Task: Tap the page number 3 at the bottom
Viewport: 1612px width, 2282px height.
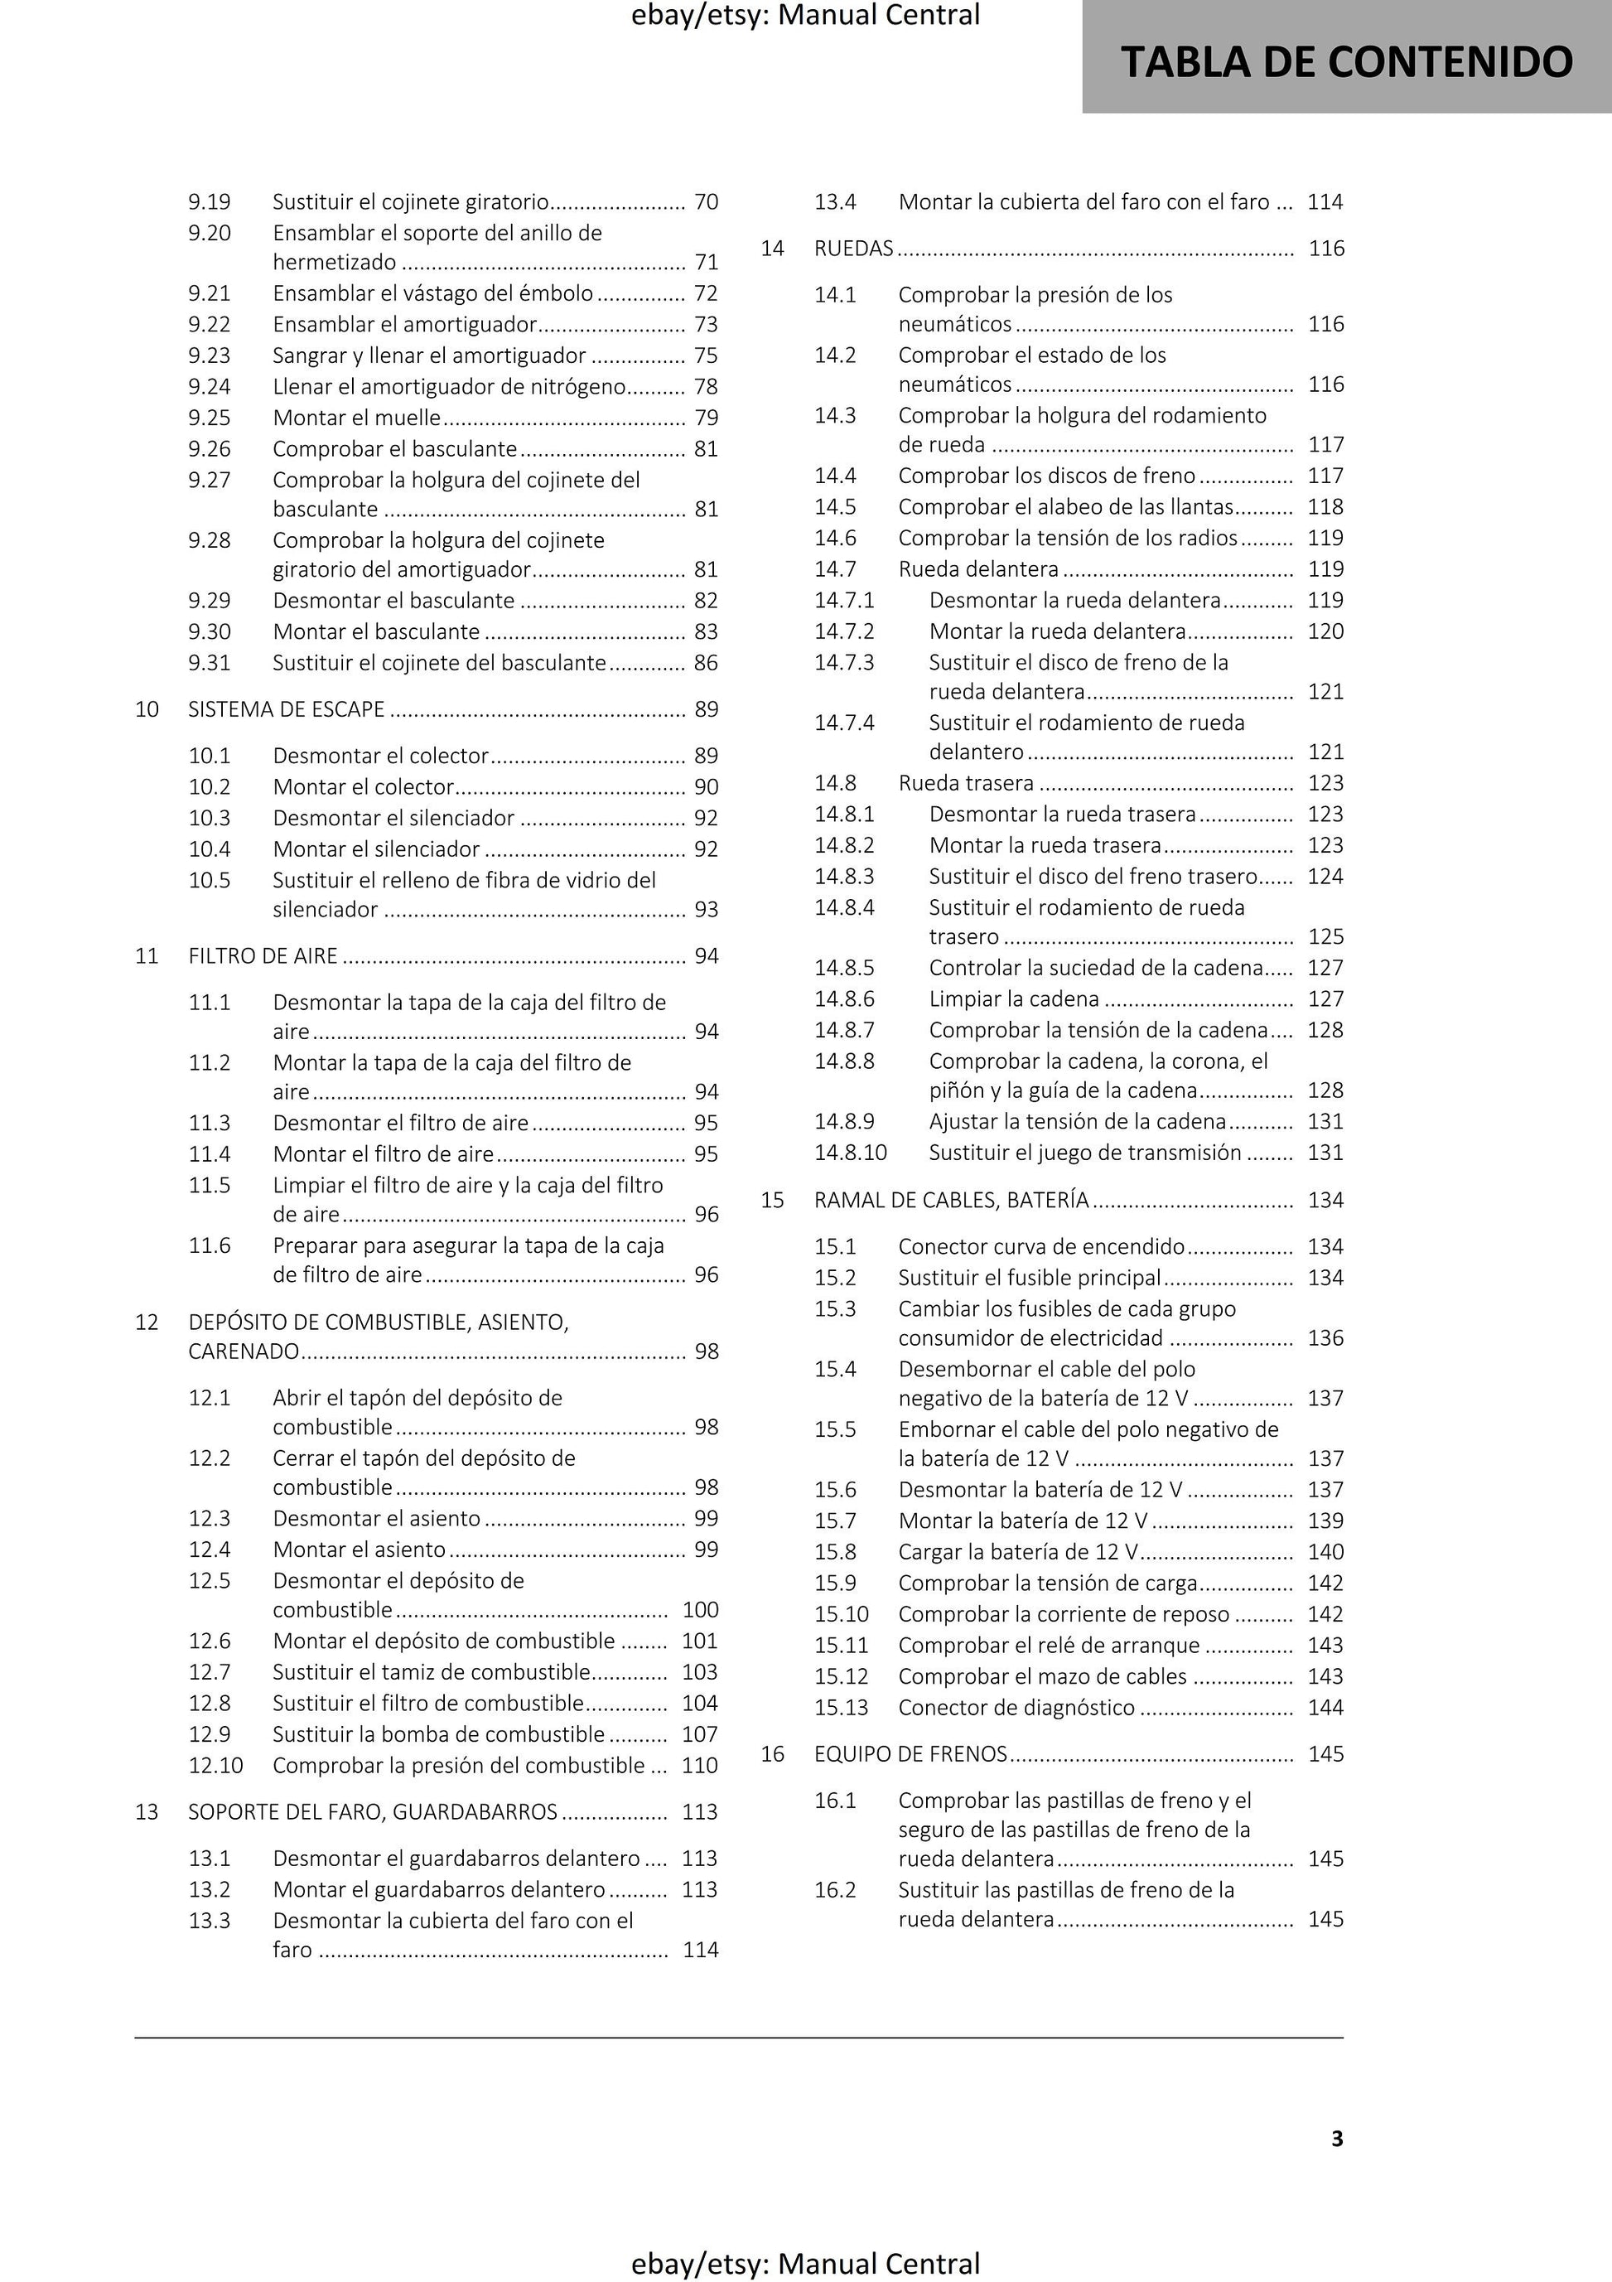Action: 1337,2138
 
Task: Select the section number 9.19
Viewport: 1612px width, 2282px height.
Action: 210,201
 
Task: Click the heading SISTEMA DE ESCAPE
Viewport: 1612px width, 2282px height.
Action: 287,709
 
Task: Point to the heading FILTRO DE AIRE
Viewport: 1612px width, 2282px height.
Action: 263,956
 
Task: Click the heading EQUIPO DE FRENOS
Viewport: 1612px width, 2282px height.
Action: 910,1754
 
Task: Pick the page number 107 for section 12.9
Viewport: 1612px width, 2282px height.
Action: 700,1734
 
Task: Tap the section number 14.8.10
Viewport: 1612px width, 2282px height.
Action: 851,1153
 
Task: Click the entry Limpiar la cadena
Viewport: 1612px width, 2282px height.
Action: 1014,998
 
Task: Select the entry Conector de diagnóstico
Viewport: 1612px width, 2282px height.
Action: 1016,1708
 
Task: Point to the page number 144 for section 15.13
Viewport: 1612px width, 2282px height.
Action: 1325,1708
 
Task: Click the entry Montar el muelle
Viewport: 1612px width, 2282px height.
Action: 357,418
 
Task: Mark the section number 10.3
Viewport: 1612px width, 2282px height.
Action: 210,818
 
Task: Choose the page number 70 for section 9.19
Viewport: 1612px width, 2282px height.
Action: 707,201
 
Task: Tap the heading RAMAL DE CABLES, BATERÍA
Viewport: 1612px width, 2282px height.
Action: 951,1201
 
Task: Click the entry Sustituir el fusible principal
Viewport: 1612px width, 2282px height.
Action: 1030,1277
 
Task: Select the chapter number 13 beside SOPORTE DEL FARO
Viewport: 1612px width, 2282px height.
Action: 147,1812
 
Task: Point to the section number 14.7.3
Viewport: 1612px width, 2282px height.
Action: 845,663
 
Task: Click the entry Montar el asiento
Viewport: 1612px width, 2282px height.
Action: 359,1550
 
